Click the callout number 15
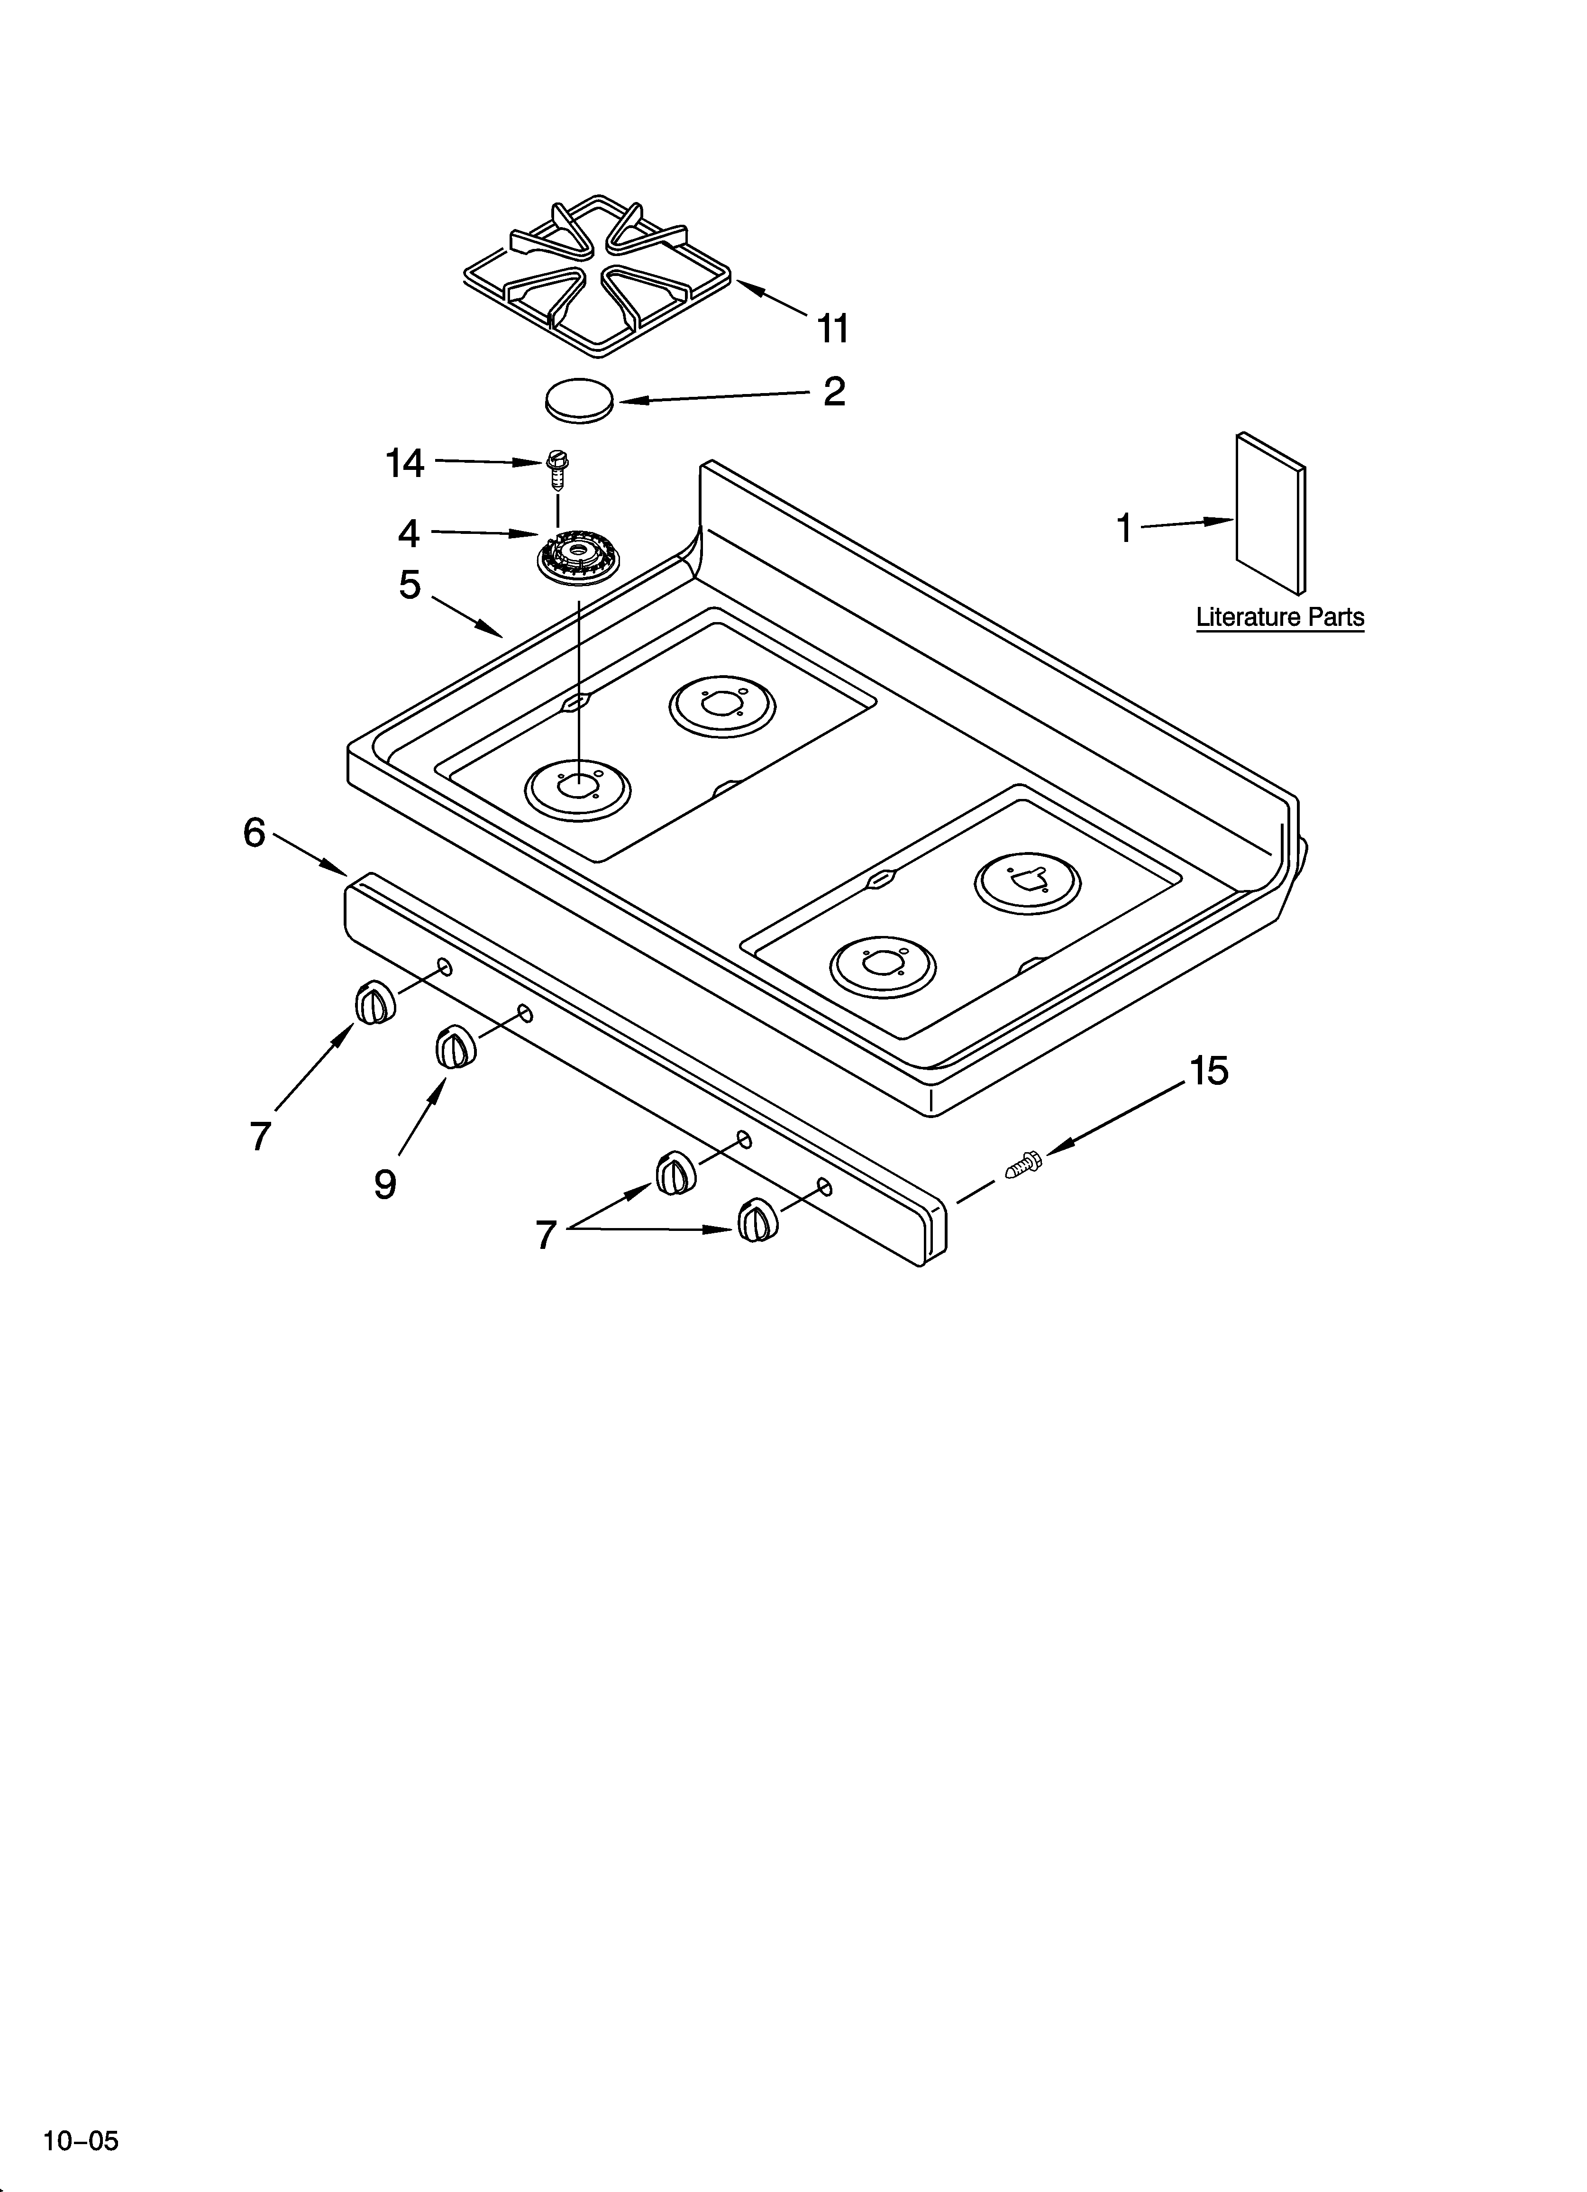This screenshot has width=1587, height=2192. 1208,1071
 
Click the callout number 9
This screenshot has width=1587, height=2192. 385,1184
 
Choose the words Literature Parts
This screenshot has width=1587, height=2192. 1280,616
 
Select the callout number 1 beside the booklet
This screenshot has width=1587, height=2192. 1124,529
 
